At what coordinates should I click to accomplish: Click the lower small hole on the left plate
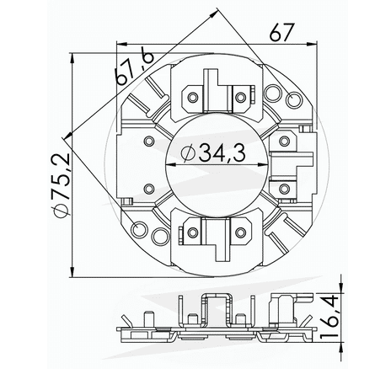(x=150, y=187)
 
